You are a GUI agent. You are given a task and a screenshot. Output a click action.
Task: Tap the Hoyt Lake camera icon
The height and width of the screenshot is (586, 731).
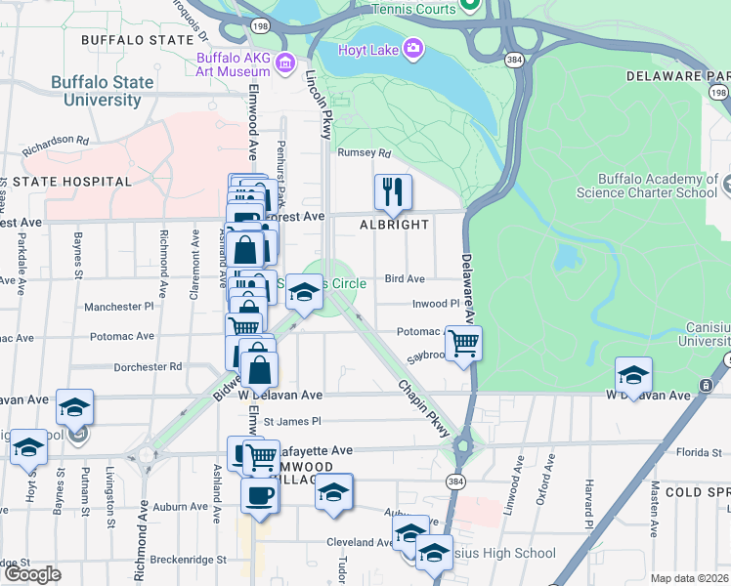click(x=413, y=48)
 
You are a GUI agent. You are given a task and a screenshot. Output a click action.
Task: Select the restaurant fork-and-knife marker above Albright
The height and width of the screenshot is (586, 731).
click(x=393, y=192)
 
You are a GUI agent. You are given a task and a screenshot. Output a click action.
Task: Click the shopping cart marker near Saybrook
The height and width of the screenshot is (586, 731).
click(x=463, y=343)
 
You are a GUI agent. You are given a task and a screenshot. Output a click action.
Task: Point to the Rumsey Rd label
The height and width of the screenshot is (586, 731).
click(x=364, y=153)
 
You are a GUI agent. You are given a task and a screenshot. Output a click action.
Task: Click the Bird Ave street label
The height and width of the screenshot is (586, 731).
click(x=405, y=279)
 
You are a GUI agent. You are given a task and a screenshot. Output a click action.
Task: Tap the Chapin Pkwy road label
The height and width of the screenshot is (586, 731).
click(x=423, y=401)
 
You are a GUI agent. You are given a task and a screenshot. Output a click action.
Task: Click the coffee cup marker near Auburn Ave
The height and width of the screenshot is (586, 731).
click(x=260, y=495)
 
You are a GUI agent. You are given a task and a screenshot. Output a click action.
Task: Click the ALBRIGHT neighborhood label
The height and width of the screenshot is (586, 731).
click(x=394, y=225)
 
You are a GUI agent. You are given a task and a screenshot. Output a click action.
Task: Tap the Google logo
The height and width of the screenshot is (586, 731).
click(x=32, y=574)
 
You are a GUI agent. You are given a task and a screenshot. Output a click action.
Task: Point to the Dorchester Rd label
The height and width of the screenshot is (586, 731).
click(x=148, y=367)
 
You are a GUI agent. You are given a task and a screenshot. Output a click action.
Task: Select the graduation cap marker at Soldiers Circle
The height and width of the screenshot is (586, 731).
click(x=305, y=294)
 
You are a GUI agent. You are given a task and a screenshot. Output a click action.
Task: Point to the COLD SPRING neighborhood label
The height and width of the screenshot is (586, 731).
click(x=698, y=492)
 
